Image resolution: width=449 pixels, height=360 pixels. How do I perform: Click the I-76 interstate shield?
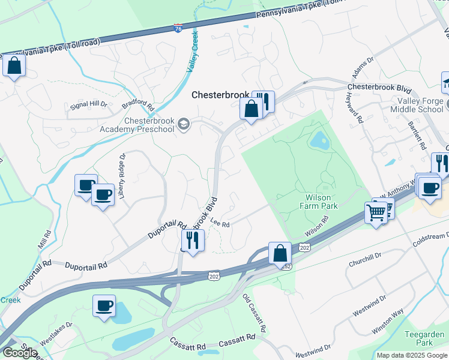click(x=178, y=28)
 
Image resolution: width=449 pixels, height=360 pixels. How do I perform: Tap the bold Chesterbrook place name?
click(x=220, y=95)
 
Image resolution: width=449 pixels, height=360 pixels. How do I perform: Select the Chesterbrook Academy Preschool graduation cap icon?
click(x=184, y=125)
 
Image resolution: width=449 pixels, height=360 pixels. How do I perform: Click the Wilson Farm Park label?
click(x=319, y=201)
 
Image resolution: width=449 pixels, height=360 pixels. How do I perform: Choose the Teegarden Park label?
click(x=432, y=338)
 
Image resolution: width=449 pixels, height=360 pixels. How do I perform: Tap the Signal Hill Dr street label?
click(x=88, y=104)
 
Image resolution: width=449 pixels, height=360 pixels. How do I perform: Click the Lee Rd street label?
click(x=220, y=223)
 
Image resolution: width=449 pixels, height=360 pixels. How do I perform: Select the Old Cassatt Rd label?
click(x=254, y=313)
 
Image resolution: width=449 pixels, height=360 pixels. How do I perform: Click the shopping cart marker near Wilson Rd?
click(x=376, y=212)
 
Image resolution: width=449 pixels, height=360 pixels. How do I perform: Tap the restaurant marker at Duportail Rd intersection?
click(x=193, y=241)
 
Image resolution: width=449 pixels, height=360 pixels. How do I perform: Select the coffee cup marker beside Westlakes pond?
click(x=104, y=305)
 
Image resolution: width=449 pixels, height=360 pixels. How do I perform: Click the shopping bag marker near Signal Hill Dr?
click(x=14, y=65)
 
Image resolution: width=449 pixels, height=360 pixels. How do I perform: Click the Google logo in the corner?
click(x=20, y=353)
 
